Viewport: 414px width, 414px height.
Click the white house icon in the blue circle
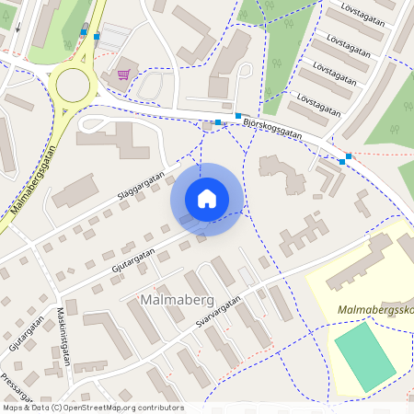click(x=207, y=198)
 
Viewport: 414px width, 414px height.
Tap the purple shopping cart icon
click(x=123, y=75)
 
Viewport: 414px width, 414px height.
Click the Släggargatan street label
click(x=141, y=187)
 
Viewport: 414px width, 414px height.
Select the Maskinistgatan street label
click(x=63, y=335)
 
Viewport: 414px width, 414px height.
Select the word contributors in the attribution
click(x=158, y=408)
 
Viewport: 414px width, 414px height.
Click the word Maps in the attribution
click(x=13, y=408)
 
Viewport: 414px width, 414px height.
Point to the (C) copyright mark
click(x=57, y=408)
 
